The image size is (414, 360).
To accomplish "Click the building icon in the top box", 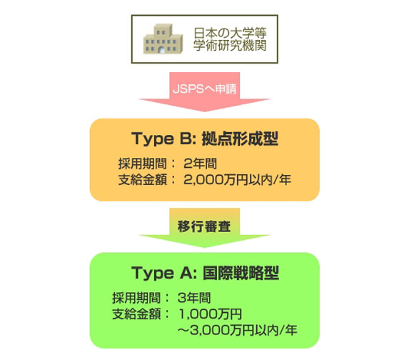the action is pyautogui.click(x=163, y=39).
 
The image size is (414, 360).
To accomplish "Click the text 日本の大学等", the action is pyautogui.click(x=230, y=34).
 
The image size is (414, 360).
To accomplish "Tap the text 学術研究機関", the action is pyautogui.click(x=230, y=45).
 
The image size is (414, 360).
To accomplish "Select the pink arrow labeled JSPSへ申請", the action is pyautogui.click(x=205, y=91).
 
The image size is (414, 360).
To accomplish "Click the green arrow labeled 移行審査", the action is pyautogui.click(x=205, y=228).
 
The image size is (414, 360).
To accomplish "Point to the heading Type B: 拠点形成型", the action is pyautogui.click(x=205, y=139).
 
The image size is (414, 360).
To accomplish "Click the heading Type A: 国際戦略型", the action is pyautogui.click(x=205, y=273).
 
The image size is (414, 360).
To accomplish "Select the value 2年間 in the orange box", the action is pyautogui.click(x=200, y=164).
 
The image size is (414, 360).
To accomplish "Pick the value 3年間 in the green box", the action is pyautogui.click(x=194, y=298).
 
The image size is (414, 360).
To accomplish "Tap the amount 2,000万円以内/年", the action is pyautogui.click(x=237, y=180).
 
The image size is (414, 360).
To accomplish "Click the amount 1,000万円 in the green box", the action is pyautogui.click(x=211, y=314).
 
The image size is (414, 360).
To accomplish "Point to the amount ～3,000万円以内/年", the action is pyautogui.click(x=238, y=330).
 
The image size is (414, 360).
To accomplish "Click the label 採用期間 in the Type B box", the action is pyautogui.click(x=143, y=164).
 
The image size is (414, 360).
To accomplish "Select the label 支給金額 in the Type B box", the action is pyautogui.click(x=143, y=180).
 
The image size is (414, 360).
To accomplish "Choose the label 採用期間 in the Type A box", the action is pyautogui.click(x=136, y=298).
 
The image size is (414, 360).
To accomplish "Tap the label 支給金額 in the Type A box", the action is pyautogui.click(x=136, y=314).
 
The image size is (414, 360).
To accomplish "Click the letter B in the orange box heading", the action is pyautogui.click(x=186, y=139).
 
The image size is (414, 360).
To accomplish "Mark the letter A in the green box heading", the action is pyautogui.click(x=186, y=273).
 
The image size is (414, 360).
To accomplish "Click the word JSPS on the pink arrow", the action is pyautogui.click(x=188, y=89).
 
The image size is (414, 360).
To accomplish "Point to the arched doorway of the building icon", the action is pyautogui.click(x=162, y=50).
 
